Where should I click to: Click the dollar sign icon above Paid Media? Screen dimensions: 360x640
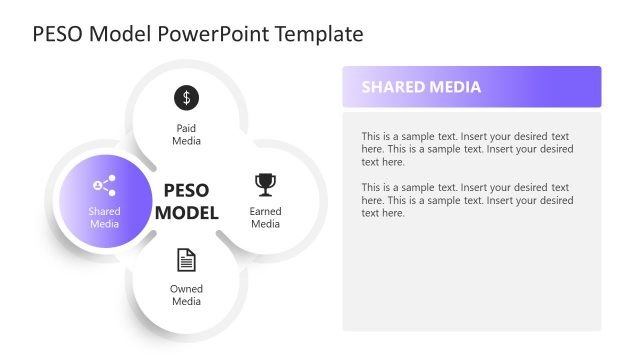coord(186,97)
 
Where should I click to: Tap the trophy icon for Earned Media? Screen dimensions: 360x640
coord(265,184)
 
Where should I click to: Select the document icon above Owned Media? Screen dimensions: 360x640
coord(186,260)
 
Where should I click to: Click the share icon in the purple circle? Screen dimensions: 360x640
coord(104,185)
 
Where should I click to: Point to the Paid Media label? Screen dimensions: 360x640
coord(186,135)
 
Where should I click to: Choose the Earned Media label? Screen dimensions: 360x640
coord(265,217)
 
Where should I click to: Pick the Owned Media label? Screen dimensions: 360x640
coord(186,295)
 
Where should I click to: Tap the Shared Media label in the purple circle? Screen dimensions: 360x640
coord(104,217)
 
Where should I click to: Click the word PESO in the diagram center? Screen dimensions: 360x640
coord(186,190)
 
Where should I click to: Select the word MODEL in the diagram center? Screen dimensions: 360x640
coord(186,212)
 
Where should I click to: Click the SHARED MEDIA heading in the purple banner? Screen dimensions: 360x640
coord(421,87)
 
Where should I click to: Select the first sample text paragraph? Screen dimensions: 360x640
coord(467,148)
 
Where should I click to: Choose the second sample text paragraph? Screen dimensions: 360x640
coord(467,200)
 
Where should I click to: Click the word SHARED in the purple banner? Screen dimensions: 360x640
coord(391,87)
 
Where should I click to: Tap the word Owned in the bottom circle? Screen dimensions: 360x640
coord(186,289)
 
